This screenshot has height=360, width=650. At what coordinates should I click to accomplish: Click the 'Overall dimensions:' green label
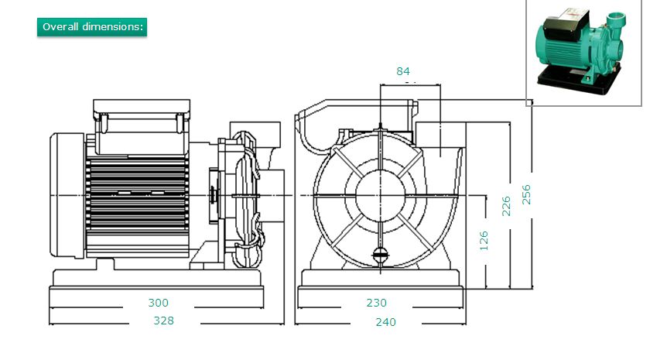click(92, 26)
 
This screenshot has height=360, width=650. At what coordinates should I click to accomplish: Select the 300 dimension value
click(159, 303)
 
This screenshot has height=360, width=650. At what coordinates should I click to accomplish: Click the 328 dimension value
click(163, 321)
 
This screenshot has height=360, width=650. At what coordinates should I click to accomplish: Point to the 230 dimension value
click(377, 303)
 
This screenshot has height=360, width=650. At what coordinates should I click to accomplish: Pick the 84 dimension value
click(403, 71)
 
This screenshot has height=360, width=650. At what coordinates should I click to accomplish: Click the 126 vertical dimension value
click(484, 240)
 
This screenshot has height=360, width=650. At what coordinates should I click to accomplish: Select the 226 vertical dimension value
click(508, 207)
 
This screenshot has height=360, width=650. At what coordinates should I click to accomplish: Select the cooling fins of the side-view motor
click(135, 194)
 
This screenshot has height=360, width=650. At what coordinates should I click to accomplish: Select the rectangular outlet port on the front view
click(440, 139)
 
